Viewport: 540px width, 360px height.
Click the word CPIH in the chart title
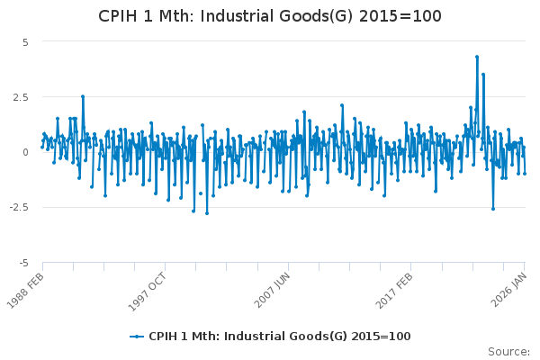click(119, 17)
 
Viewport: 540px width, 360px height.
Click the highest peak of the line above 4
click(477, 57)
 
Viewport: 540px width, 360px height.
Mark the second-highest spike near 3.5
click(483, 75)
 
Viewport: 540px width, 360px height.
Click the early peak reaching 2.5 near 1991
click(83, 96)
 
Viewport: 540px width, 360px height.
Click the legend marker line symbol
click(137, 337)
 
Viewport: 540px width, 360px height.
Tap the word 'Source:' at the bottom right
click(509, 351)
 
